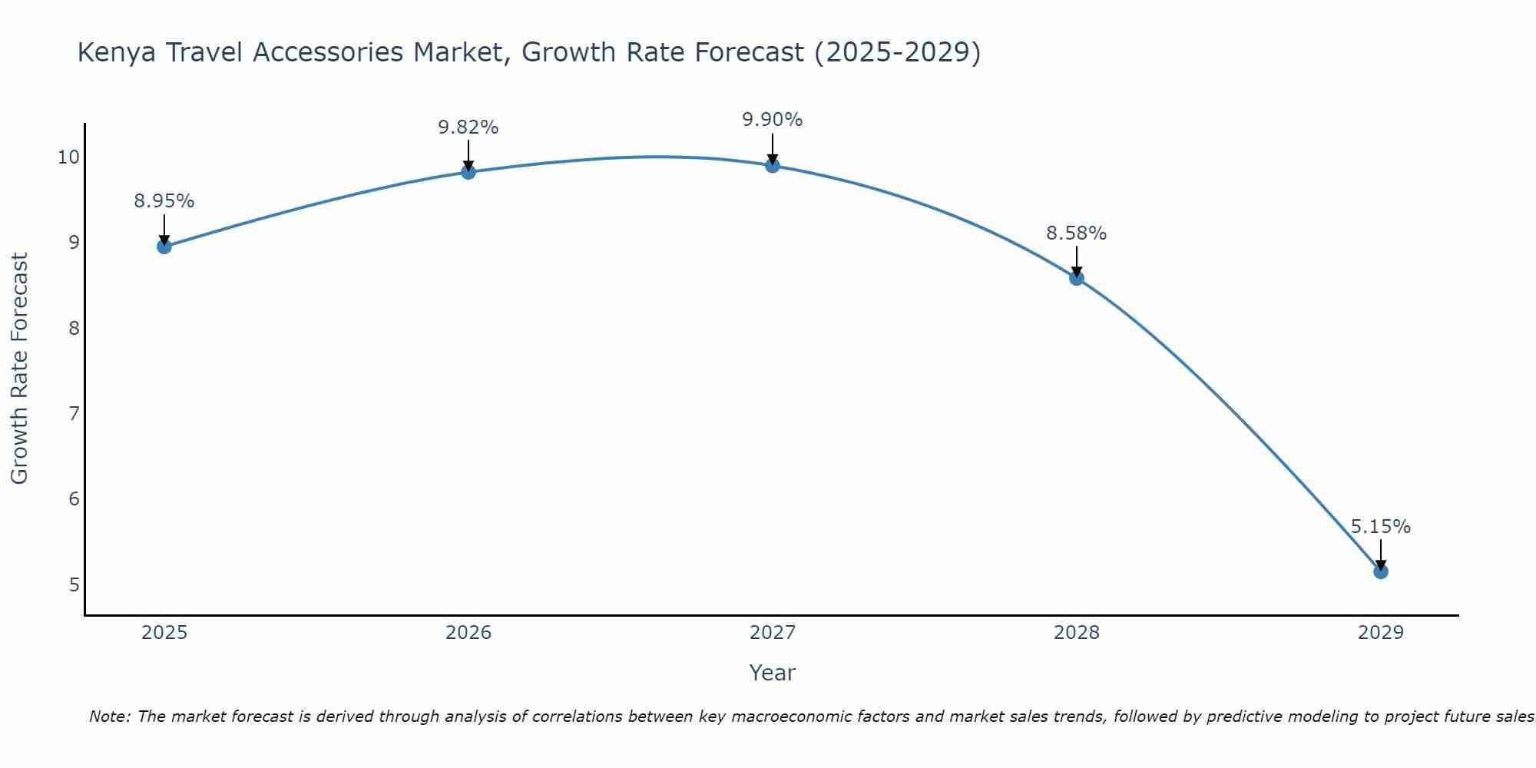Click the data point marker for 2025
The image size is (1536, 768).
point(164,247)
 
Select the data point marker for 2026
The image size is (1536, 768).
point(468,171)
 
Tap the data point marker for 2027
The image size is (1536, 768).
point(772,165)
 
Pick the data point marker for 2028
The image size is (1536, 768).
point(1076,278)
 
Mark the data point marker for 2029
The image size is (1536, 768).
point(1380,571)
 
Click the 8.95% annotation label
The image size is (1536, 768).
point(164,201)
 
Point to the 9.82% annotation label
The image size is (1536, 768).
point(468,127)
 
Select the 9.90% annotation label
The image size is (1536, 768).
point(772,120)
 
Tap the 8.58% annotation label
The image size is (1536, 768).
point(1076,233)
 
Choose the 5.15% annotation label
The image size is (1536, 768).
point(1380,527)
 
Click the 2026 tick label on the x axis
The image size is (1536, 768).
point(468,633)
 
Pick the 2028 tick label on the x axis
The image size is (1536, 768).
point(1076,633)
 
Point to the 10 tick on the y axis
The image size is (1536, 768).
point(68,157)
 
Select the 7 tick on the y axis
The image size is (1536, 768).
point(74,414)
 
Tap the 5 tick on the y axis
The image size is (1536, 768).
point(74,585)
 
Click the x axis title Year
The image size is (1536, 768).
point(772,673)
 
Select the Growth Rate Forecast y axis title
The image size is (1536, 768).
point(19,369)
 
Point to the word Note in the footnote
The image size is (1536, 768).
point(110,717)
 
